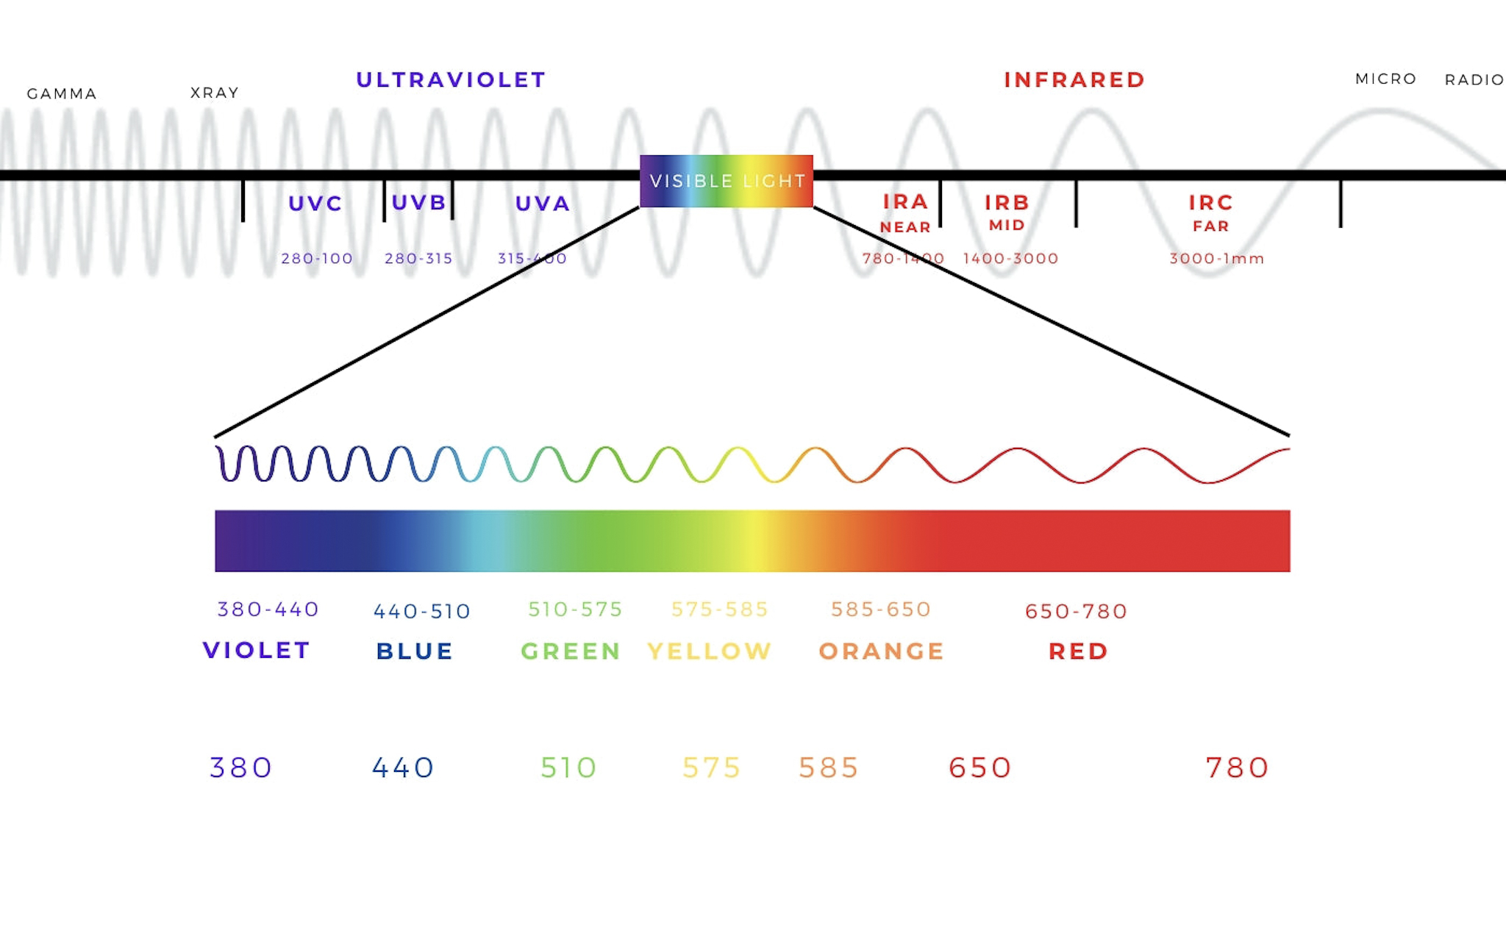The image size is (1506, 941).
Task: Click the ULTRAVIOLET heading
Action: [x=451, y=79]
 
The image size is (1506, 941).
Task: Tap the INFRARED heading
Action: [x=1074, y=79]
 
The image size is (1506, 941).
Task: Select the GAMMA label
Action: [x=62, y=94]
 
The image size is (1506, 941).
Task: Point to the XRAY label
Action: [x=215, y=93]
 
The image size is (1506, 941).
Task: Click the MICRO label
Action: [x=1385, y=79]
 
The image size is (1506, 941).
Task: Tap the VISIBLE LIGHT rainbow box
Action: [x=727, y=181]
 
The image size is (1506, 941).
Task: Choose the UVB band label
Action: [x=418, y=202]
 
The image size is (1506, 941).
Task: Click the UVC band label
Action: [x=315, y=204]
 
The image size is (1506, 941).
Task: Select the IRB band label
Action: [x=1007, y=202]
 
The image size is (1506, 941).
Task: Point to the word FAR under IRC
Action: [x=1210, y=226]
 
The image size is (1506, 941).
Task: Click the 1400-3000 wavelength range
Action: [x=1010, y=259]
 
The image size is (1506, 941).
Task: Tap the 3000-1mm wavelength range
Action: [x=1216, y=259]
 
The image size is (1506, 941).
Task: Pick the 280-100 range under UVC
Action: [x=317, y=259]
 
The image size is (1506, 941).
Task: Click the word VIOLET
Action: [x=257, y=651]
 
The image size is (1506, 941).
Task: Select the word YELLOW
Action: [x=710, y=651]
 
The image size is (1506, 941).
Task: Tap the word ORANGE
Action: [x=881, y=651]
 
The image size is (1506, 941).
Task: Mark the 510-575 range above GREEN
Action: [x=575, y=609]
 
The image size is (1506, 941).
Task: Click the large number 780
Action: [x=1237, y=768]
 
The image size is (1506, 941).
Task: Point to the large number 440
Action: [x=403, y=768]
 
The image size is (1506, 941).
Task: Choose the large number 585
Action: [x=829, y=768]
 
